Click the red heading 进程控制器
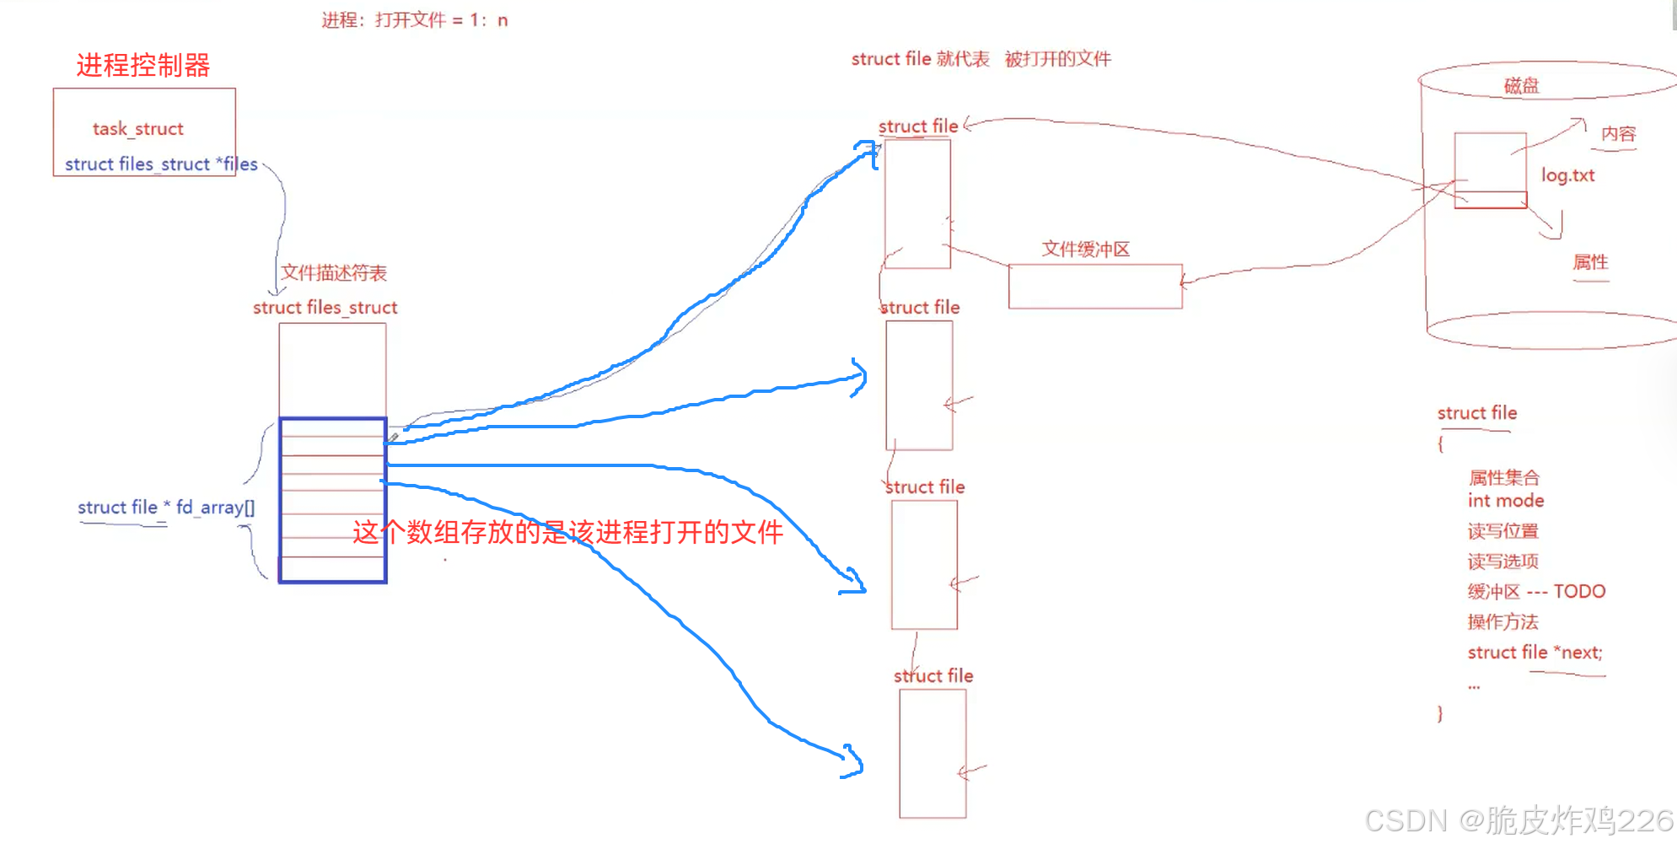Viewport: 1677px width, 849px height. click(142, 66)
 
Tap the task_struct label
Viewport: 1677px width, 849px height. click(137, 129)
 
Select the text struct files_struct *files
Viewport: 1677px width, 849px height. click(160, 164)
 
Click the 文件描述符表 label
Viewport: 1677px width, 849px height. click(333, 272)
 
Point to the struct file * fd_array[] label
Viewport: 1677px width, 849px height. click(165, 508)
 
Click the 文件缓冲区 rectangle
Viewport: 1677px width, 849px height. click(1094, 287)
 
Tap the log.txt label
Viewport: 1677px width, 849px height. click(1567, 175)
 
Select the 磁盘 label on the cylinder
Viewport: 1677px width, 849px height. click(1521, 85)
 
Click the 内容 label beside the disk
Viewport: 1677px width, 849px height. click(1618, 134)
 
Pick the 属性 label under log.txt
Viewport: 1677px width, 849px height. click(1590, 262)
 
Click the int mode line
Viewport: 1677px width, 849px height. click(1505, 501)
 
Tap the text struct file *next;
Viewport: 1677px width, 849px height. click(1535, 653)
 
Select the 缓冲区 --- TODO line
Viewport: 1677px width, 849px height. click(1535, 592)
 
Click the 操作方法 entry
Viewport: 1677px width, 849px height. click(1502, 622)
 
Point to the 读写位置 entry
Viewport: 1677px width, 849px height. click(1502, 531)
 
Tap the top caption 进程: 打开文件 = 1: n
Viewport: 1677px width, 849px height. click(414, 20)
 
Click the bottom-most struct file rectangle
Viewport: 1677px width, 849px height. click(932, 754)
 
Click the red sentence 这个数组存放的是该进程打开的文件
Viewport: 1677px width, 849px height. click(567, 532)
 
